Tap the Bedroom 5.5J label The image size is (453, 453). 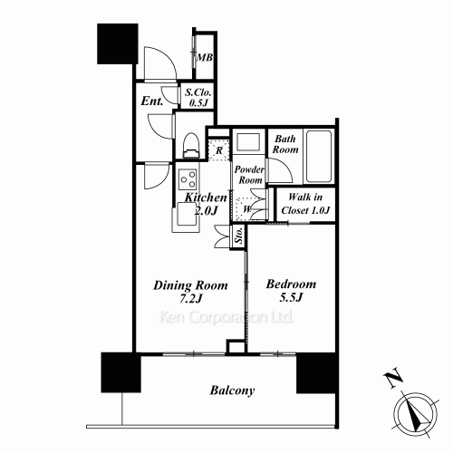coord(290,290)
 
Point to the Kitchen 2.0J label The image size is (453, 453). coord(206,203)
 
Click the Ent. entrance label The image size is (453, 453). coord(151,101)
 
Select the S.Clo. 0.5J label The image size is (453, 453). coord(197,97)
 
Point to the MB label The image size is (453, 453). coord(206,59)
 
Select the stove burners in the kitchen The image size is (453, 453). coord(188,176)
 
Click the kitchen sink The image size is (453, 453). coord(188,214)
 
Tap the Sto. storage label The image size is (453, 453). coord(237,238)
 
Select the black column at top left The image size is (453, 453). coord(113,43)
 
